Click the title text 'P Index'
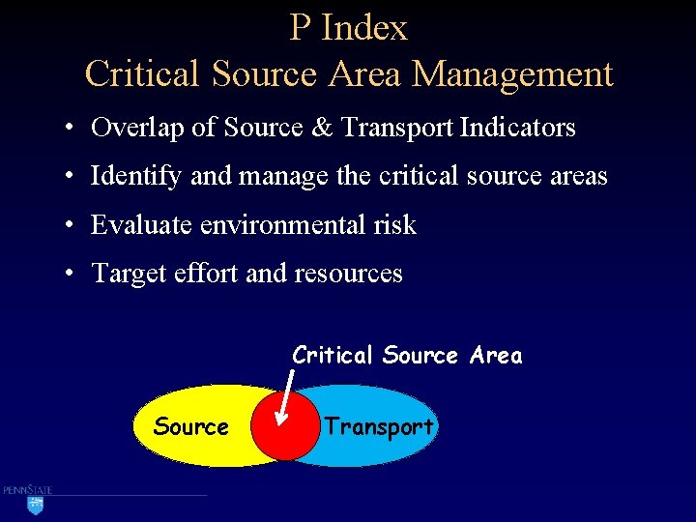click(x=348, y=28)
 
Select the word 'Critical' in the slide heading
click(x=142, y=74)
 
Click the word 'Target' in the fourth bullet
click(x=131, y=275)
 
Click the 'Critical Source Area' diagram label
click(x=407, y=356)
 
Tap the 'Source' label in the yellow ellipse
click(x=191, y=427)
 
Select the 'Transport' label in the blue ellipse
click(x=379, y=426)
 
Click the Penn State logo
click(x=29, y=499)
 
